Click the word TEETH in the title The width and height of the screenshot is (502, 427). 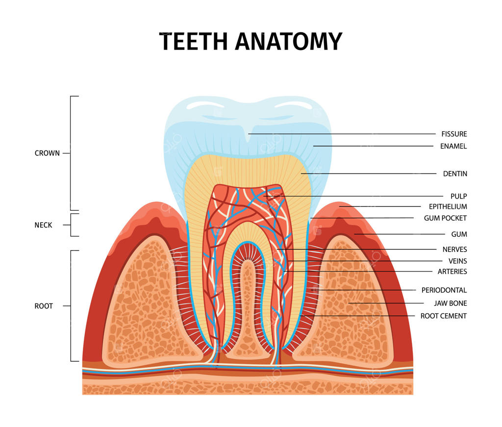194,41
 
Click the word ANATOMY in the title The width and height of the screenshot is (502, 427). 288,41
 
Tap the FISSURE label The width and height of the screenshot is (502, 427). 454,134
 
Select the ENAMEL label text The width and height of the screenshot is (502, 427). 453,146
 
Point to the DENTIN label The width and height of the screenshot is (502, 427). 455,174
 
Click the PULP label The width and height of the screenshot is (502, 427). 459,196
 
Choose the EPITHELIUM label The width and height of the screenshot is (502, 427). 448,207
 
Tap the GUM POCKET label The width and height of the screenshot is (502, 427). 445,218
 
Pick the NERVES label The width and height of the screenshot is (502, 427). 454,250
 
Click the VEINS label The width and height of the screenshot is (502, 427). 457,261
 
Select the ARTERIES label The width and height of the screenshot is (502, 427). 452,272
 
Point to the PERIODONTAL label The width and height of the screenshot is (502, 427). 444,290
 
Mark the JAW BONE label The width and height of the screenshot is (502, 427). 451,303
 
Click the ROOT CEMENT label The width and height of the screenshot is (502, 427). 444,316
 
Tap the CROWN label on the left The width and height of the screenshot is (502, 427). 47,153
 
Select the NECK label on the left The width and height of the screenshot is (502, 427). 43,225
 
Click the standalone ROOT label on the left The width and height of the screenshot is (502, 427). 44,306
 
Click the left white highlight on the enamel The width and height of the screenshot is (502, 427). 205,105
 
